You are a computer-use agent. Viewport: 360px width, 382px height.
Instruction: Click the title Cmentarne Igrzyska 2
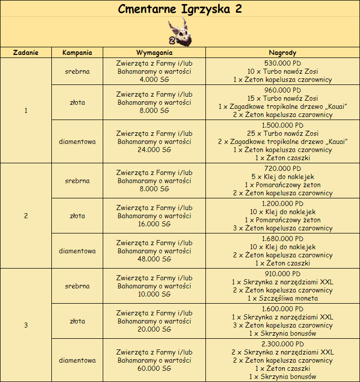(180, 9)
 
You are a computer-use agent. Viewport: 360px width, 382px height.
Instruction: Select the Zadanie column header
(26, 52)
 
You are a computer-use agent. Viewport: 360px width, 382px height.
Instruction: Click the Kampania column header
(77, 52)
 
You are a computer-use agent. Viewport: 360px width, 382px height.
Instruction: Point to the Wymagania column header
(154, 52)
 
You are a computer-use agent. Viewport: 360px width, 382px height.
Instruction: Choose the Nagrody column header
(282, 52)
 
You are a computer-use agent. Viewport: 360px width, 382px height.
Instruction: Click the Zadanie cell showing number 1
(26, 110)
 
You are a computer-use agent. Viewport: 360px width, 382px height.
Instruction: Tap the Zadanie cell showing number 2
(26, 216)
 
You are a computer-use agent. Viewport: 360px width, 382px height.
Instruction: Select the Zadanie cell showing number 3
(26, 325)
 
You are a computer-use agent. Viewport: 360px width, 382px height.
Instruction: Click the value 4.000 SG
(154, 79)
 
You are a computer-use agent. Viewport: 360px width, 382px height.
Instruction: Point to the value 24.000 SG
(154, 150)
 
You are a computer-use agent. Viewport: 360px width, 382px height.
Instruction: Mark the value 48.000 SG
(154, 259)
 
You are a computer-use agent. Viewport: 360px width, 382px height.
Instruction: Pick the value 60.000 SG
(154, 368)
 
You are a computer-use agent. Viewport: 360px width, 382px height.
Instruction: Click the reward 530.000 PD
(282, 63)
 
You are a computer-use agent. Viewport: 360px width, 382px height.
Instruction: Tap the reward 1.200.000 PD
(282, 203)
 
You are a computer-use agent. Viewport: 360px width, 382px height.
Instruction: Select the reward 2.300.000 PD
(282, 343)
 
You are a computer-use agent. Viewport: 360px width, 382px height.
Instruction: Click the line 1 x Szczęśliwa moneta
(282, 299)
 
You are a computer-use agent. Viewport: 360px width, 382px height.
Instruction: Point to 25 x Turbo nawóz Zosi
(282, 133)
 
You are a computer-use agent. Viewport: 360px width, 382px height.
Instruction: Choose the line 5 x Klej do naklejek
(282, 177)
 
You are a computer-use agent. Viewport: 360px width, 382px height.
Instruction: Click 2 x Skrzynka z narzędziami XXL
(282, 352)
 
